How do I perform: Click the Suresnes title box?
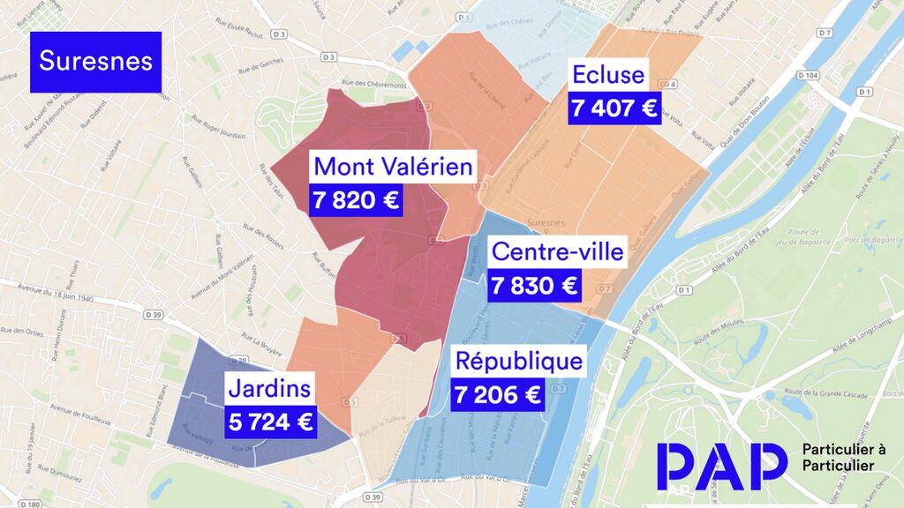tap(96, 62)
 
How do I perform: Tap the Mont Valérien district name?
tap(394, 166)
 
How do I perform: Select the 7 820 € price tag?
tap(356, 200)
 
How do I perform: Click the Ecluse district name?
tap(608, 74)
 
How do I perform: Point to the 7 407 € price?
tap(614, 108)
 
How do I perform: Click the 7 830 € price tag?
tap(534, 286)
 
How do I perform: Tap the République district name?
tap(518, 361)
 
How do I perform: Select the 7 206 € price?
tap(497, 394)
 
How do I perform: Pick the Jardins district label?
tap(269, 387)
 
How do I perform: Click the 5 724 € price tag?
tap(271, 422)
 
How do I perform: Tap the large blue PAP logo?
tap(721, 466)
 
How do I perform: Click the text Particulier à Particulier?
tap(844, 458)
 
